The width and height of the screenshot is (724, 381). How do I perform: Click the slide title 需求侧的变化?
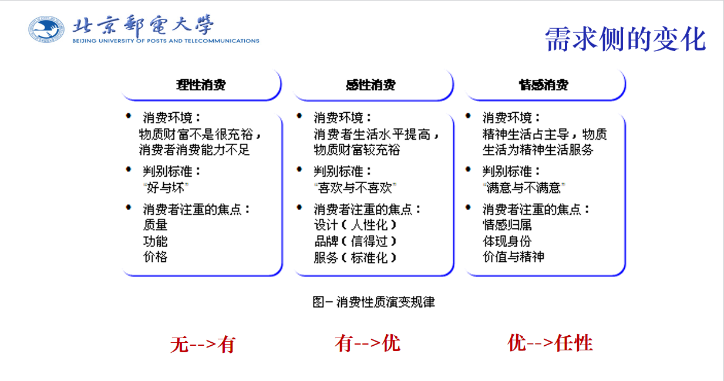coord(625,40)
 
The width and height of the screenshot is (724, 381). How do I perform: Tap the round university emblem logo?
coord(46,29)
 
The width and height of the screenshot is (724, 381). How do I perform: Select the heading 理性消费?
coord(201,85)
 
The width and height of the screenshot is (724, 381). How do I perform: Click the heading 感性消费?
coord(371,85)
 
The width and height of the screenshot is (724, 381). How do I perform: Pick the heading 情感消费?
coord(543,85)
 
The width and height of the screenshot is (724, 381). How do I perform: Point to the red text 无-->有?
coord(203,344)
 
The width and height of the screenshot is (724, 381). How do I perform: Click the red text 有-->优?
coord(368,343)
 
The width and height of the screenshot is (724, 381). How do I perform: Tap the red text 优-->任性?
coord(550,342)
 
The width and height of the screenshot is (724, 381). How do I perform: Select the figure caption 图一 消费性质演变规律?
coord(374,302)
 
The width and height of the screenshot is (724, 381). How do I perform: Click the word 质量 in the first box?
coord(155,225)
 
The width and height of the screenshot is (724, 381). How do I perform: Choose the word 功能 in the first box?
coord(155,241)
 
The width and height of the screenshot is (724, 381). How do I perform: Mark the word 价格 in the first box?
coord(155,257)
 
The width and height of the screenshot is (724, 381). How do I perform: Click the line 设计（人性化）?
coord(355,225)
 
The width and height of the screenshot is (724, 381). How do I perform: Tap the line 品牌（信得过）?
coord(355,241)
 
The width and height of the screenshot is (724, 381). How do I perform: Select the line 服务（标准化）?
coord(355,257)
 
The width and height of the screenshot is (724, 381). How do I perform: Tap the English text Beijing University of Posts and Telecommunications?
coord(166,41)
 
